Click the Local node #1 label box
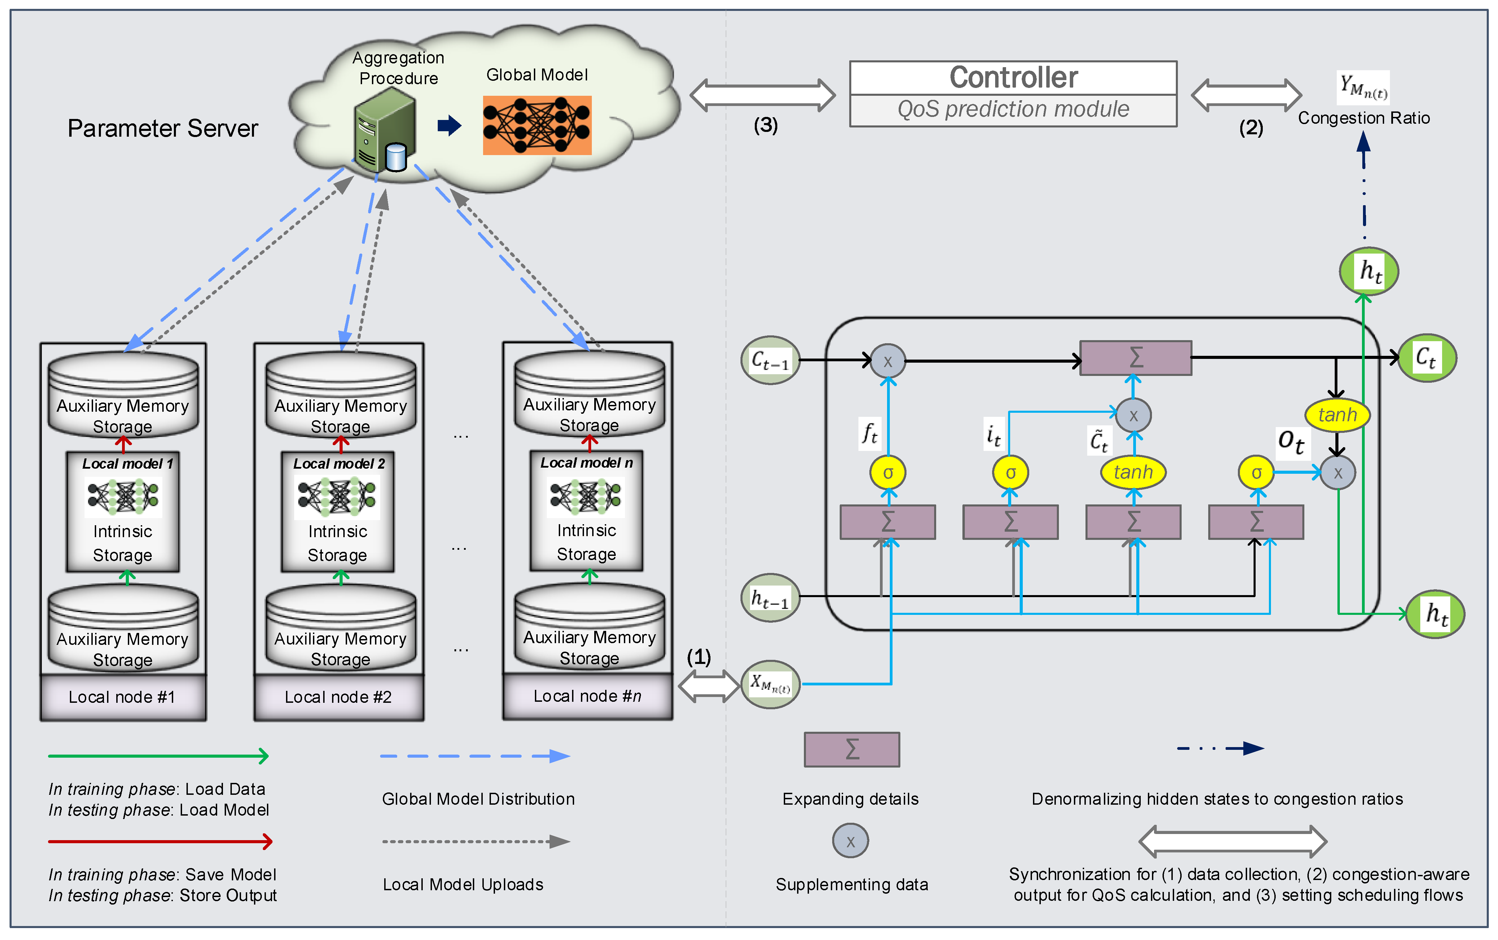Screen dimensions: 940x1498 122,697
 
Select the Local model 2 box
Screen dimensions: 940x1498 338,511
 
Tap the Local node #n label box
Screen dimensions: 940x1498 587,696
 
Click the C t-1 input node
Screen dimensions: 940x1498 770,360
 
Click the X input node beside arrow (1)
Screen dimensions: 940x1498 770,684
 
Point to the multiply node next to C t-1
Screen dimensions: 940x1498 887,361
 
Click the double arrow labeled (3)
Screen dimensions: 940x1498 763,95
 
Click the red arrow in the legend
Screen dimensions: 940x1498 160,842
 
